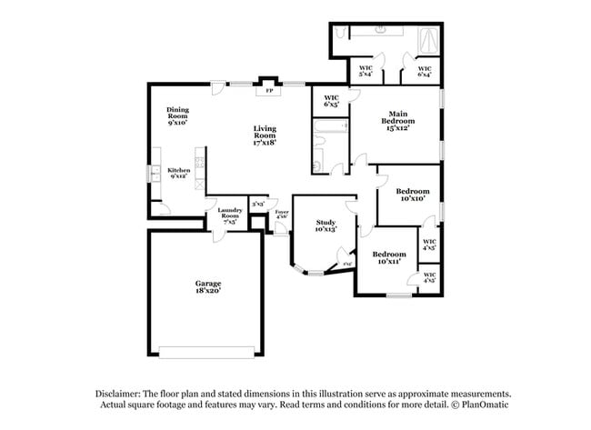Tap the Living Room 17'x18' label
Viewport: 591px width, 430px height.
265,135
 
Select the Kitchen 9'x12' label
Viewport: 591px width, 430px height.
177,173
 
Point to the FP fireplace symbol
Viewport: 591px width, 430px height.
268,91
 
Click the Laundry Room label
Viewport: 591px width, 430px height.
229,215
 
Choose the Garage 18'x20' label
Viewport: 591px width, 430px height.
207,287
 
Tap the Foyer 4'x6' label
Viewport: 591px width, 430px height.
282,215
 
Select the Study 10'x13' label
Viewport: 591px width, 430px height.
326,225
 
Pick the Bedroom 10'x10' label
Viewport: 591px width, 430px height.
413,195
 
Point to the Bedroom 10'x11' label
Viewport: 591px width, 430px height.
388,257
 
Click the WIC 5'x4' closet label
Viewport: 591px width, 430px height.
366,70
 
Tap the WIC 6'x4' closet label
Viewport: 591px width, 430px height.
424,70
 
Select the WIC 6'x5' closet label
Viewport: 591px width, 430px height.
331,100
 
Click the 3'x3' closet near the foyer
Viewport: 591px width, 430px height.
258,205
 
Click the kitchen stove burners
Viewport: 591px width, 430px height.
199,164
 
